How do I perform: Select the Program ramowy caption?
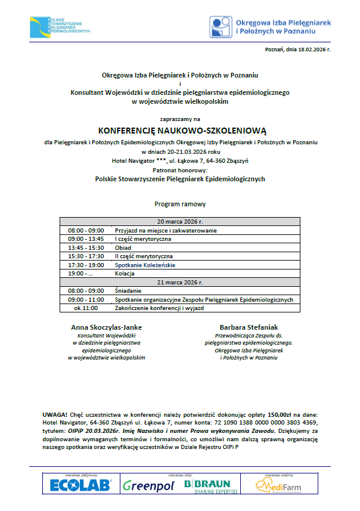pos(180,204)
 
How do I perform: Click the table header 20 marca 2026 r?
pos(180,221)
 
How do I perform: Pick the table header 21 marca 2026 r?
pos(180,282)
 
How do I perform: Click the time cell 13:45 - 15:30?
pos(86,247)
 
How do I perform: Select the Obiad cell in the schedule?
pos(123,247)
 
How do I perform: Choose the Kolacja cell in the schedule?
pos(125,273)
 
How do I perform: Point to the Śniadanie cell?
pos(128,290)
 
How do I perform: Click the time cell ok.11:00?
pos(86,308)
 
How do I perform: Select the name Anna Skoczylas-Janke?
pos(107,327)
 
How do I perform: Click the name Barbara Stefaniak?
pos(249,327)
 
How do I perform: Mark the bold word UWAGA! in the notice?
pos(54,414)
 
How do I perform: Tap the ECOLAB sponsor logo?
pos(80,485)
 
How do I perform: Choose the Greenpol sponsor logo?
pos(148,485)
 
